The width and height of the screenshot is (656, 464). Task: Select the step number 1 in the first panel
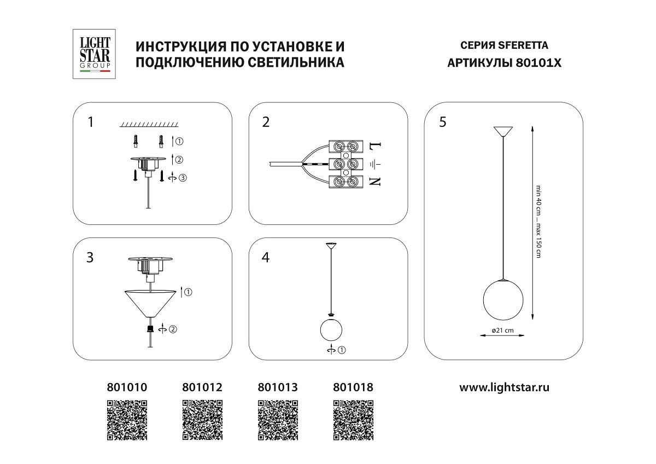[x=91, y=122]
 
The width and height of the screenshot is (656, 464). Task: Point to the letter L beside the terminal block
[x=375, y=147]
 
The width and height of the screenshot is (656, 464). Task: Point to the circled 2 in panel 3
[x=173, y=329]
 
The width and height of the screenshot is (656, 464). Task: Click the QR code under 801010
[x=126, y=420]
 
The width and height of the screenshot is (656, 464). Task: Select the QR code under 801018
[x=353, y=420]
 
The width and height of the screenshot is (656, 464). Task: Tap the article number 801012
[x=202, y=387]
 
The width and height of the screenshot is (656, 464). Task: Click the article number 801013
[x=277, y=387]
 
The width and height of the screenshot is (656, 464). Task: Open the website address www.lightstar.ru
[x=503, y=387]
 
